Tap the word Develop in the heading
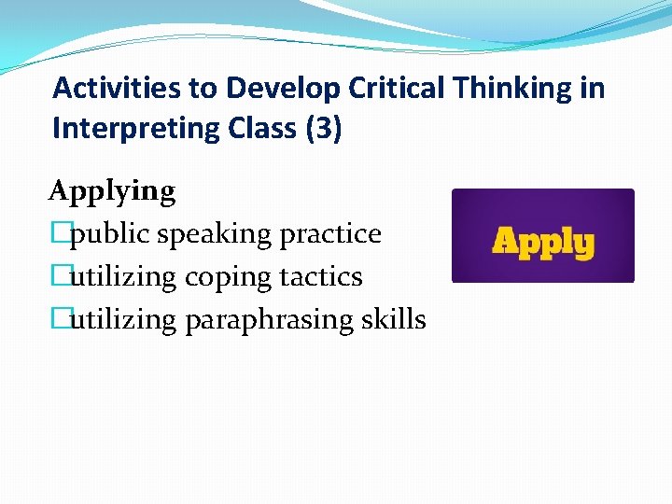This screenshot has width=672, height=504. coord(269,89)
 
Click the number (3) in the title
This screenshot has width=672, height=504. coord(323,129)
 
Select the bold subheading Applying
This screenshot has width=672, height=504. coord(112,192)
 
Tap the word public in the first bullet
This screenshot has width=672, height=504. coord(111,233)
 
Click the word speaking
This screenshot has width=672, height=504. coord(217,235)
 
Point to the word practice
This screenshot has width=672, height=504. coord(333,233)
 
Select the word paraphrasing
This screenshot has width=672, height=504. coord(272,321)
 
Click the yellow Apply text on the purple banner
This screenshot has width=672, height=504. coord(542,242)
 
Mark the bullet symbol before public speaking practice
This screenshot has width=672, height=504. coord(62,233)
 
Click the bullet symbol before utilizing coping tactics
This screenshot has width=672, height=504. coord(62,276)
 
